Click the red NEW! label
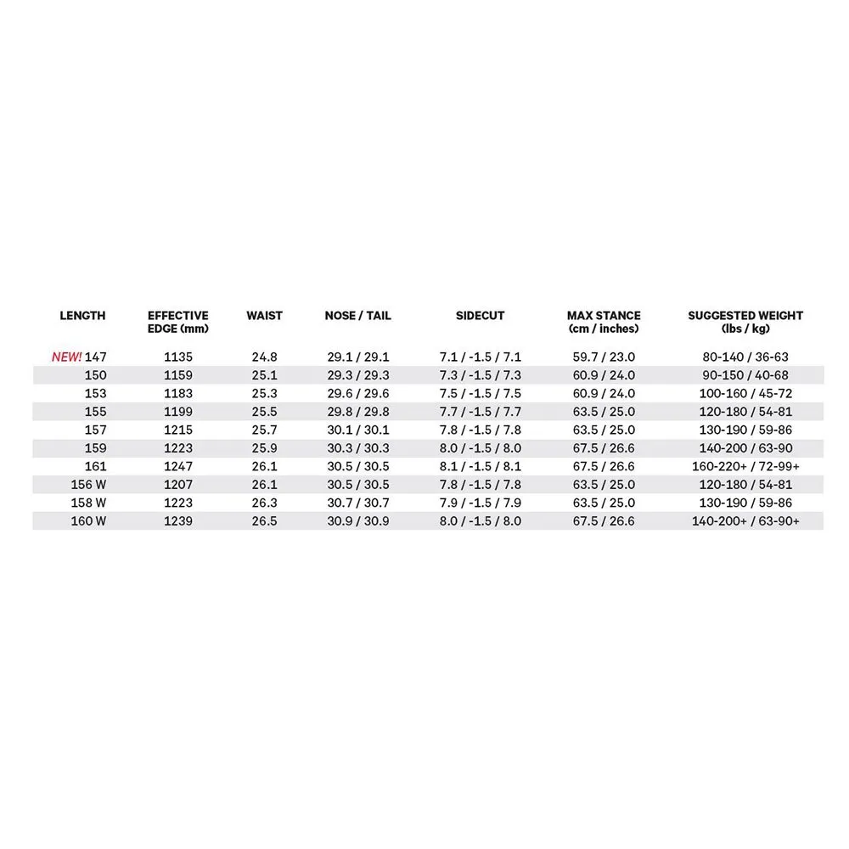[x=67, y=357]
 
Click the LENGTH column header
[x=82, y=316]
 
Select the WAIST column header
[x=264, y=316]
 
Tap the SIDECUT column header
[x=480, y=316]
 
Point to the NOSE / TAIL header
[x=357, y=316]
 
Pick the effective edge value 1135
[x=177, y=357]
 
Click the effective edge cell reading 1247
[x=177, y=467]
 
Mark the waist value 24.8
[x=264, y=357]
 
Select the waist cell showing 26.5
[x=264, y=521]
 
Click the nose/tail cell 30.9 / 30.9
[x=357, y=521]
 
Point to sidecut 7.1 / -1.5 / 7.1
[x=480, y=357]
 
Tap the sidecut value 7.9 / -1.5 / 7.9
[x=480, y=503]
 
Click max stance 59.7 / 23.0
[x=603, y=357]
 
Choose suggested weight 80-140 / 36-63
[x=745, y=357]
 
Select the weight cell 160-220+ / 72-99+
[x=745, y=467]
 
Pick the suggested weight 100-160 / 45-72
[x=745, y=394]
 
